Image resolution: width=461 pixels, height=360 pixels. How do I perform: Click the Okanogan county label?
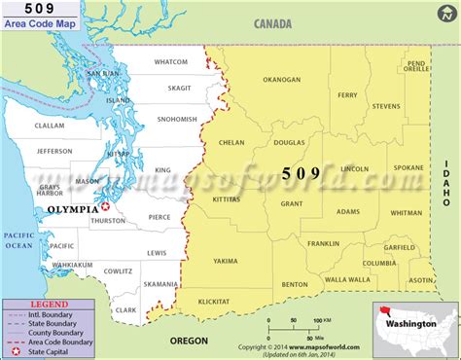281,80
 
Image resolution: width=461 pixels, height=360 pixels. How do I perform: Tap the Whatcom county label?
171,62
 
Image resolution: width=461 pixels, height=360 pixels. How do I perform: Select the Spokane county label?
408,167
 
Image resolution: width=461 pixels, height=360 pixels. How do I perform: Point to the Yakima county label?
225,261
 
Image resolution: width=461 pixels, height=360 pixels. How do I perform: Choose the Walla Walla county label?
345,279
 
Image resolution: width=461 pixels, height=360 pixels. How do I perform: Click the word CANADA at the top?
275,23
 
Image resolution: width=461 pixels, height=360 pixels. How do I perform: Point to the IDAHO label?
448,181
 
